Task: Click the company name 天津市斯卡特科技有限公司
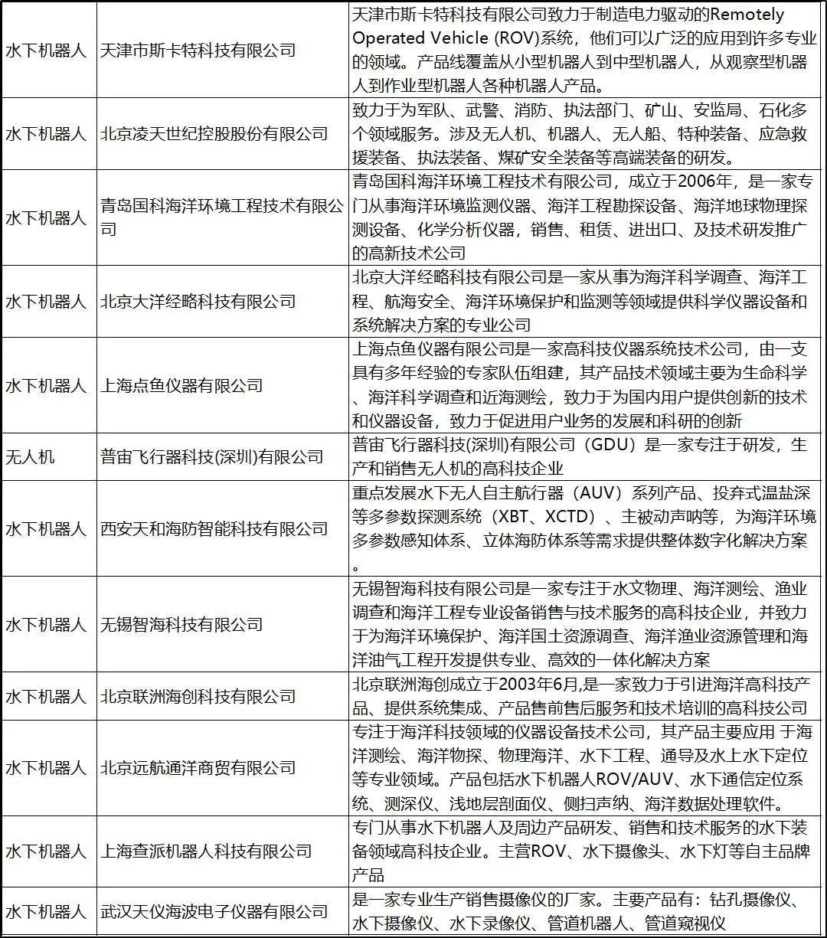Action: pyautogui.click(x=198, y=51)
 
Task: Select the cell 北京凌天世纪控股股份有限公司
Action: pyautogui.click(x=214, y=134)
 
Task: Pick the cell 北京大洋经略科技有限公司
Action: pyautogui.click(x=198, y=302)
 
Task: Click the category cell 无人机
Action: pyautogui.click(x=30, y=457)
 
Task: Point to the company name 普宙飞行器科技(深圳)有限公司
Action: pyautogui.click(x=212, y=457)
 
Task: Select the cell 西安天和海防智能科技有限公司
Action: pyautogui.click(x=214, y=528)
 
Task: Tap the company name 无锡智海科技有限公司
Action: pyautogui.click(x=181, y=625)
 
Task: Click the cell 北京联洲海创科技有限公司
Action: pyautogui.click(x=198, y=697)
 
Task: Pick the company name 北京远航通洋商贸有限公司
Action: pyautogui.click(x=198, y=768)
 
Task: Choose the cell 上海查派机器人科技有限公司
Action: pyautogui.click(x=206, y=851)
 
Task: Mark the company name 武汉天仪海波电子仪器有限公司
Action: pyautogui.click(x=214, y=912)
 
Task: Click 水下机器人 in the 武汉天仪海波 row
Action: pyautogui.click(x=46, y=912)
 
